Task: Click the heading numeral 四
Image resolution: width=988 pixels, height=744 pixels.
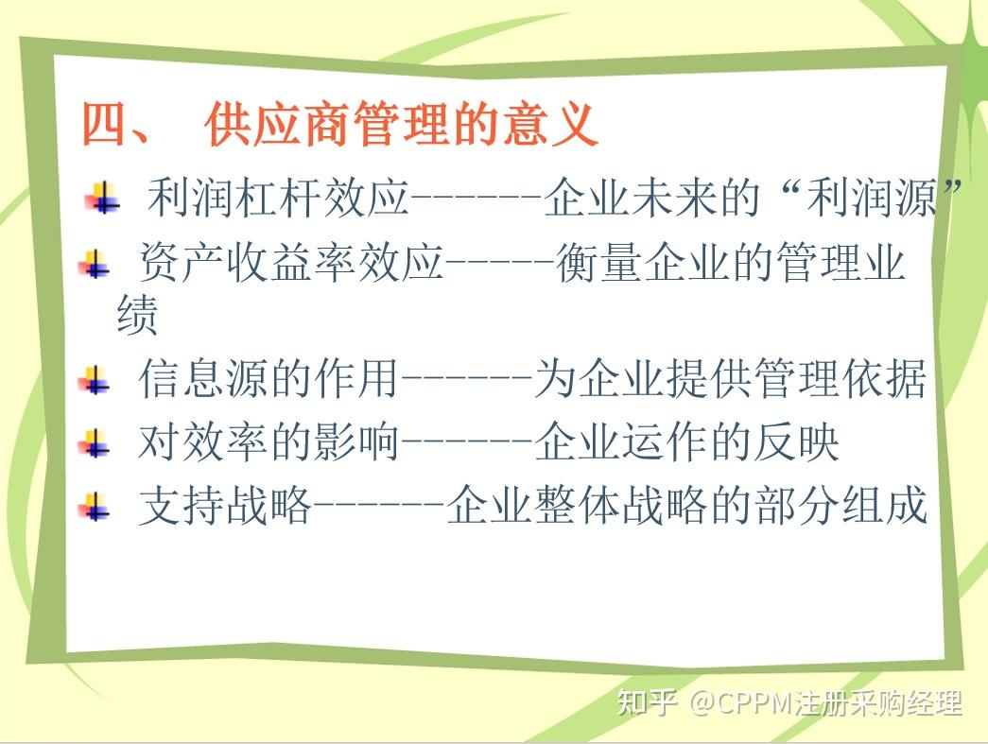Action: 105,124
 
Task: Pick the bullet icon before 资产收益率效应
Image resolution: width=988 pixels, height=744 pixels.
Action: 95,264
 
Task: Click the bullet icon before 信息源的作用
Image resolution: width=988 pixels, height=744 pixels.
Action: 95,380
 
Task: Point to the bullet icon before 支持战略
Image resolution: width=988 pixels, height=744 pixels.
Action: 95,507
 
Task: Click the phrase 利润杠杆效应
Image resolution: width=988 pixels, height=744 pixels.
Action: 279,198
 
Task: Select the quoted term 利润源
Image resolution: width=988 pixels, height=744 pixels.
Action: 873,198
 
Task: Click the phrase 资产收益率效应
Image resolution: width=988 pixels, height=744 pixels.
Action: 291,262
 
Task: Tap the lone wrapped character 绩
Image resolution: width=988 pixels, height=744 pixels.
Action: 137,315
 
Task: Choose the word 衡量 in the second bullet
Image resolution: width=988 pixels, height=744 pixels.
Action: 599,262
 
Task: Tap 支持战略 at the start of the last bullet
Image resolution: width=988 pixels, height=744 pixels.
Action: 225,505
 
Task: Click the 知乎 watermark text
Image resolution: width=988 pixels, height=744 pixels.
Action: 647,701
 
